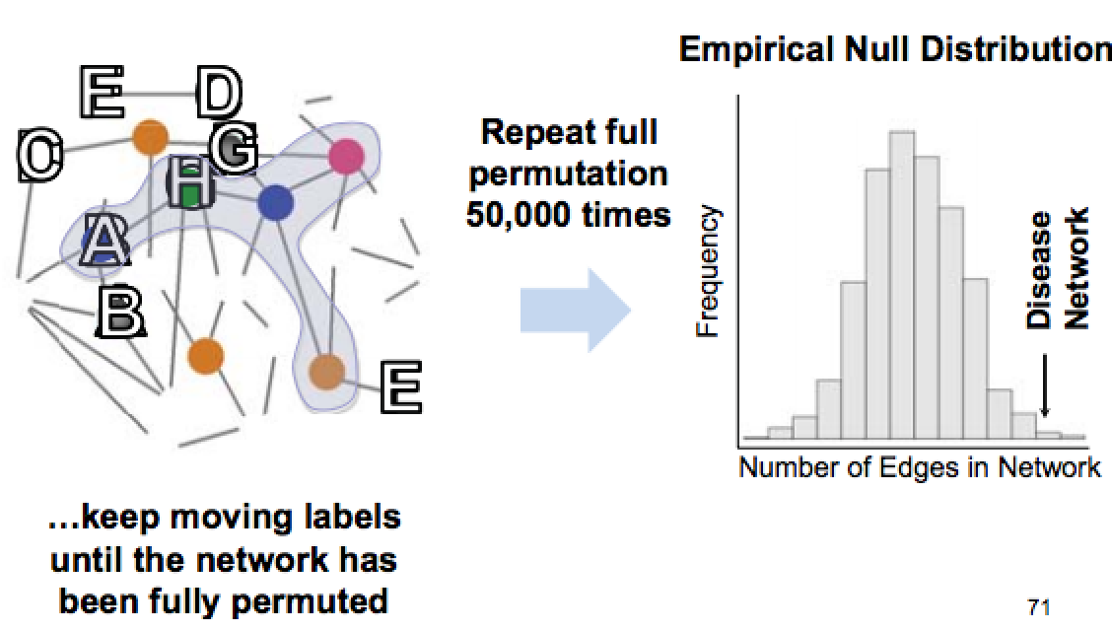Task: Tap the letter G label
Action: click(234, 151)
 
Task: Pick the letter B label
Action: click(122, 313)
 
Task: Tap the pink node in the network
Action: click(346, 156)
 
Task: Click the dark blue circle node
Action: click(276, 202)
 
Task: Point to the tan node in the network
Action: click(326, 372)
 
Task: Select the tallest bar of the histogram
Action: click(902, 285)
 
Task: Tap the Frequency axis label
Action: click(707, 272)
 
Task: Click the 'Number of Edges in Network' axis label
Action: click(919, 468)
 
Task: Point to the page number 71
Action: click(1038, 608)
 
